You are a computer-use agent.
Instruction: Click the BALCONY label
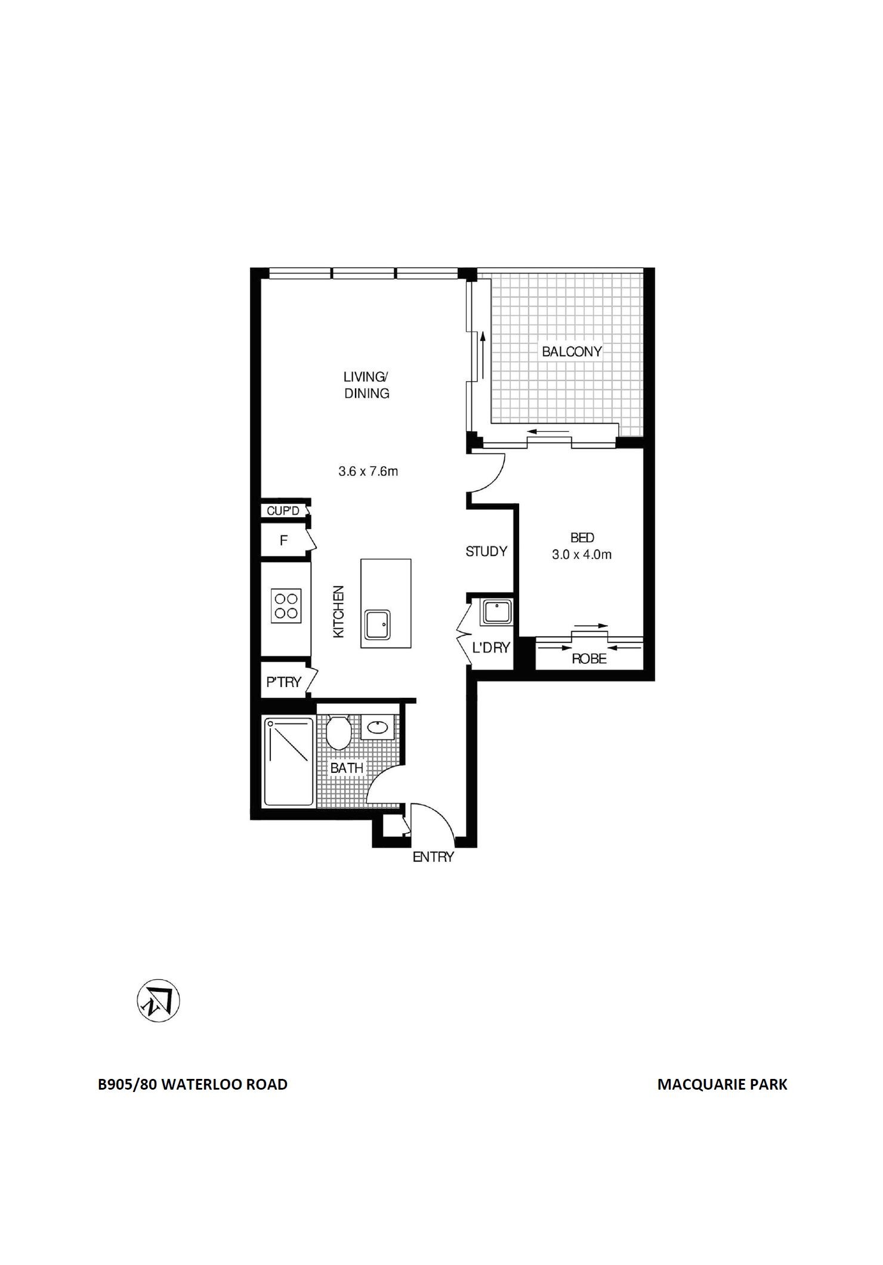click(x=572, y=351)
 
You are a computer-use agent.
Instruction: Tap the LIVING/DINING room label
click(x=366, y=385)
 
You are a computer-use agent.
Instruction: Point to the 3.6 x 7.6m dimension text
click(x=368, y=471)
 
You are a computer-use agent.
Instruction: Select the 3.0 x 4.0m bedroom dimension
click(x=582, y=555)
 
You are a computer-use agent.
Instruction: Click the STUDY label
click(x=486, y=552)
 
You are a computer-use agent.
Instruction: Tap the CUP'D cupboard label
click(x=283, y=511)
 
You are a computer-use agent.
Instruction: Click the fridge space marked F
click(x=284, y=541)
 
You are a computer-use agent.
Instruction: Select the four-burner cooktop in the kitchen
click(x=286, y=606)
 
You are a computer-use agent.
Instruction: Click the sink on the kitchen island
click(x=378, y=625)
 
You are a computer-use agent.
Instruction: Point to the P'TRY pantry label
click(x=283, y=682)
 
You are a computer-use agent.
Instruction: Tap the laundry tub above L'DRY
click(x=496, y=613)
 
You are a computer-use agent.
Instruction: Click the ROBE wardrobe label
click(x=589, y=659)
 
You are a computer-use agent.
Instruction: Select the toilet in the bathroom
click(x=338, y=731)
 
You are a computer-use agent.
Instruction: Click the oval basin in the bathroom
click(x=378, y=727)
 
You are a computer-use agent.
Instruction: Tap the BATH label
click(x=347, y=768)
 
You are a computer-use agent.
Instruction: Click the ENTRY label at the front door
click(x=434, y=857)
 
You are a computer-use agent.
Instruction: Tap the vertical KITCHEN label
click(x=338, y=612)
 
